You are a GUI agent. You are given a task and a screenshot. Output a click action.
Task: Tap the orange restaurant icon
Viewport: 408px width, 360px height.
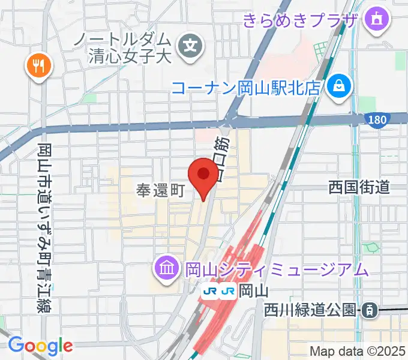pyautogui.click(x=40, y=65)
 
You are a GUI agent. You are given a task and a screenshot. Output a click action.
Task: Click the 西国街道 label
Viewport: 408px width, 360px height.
pyautogui.click(x=359, y=188)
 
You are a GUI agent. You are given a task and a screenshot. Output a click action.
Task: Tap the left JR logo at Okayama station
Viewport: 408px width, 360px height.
pyautogui.click(x=211, y=291)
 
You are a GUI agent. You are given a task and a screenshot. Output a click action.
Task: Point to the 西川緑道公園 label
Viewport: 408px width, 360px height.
pyautogui.click(x=311, y=311)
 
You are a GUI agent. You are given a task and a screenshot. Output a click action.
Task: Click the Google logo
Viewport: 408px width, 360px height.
pyautogui.click(x=40, y=345)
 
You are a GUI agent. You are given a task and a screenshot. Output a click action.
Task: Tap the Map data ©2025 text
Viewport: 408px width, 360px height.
pyautogui.click(x=356, y=351)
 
